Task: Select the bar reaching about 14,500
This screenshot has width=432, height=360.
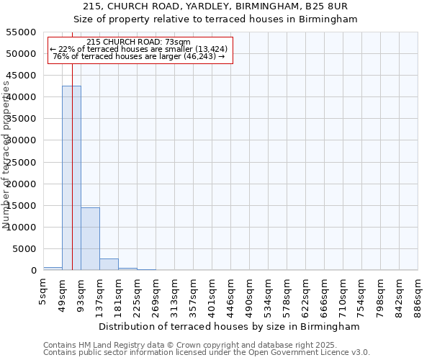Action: [x=90, y=238]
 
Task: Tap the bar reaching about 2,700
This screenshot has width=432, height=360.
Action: [x=109, y=264]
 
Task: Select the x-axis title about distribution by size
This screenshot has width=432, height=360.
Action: [x=230, y=326]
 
